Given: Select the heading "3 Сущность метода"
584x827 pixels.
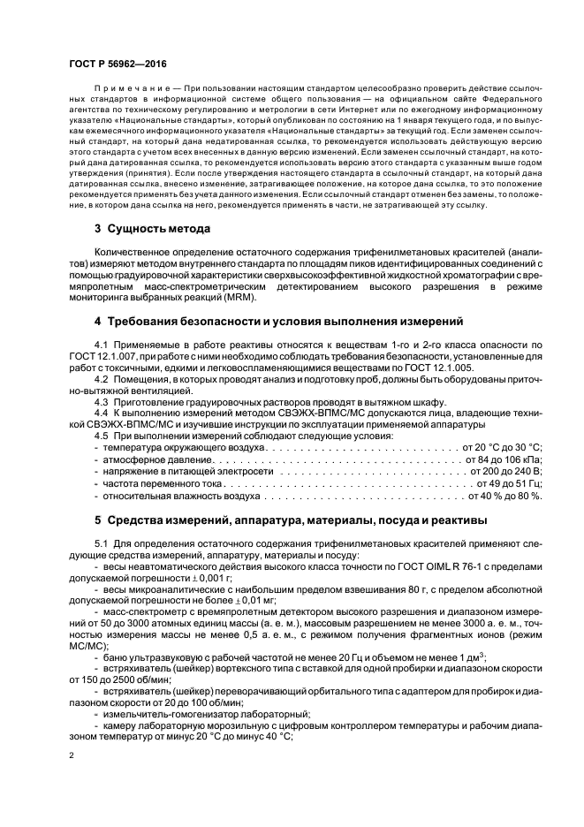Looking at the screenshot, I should [x=152, y=229].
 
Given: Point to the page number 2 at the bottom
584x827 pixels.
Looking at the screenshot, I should [x=72, y=756].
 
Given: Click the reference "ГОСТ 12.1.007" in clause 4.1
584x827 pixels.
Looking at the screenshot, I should [x=100, y=353].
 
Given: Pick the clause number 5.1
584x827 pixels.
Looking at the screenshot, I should [x=102, y=541].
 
